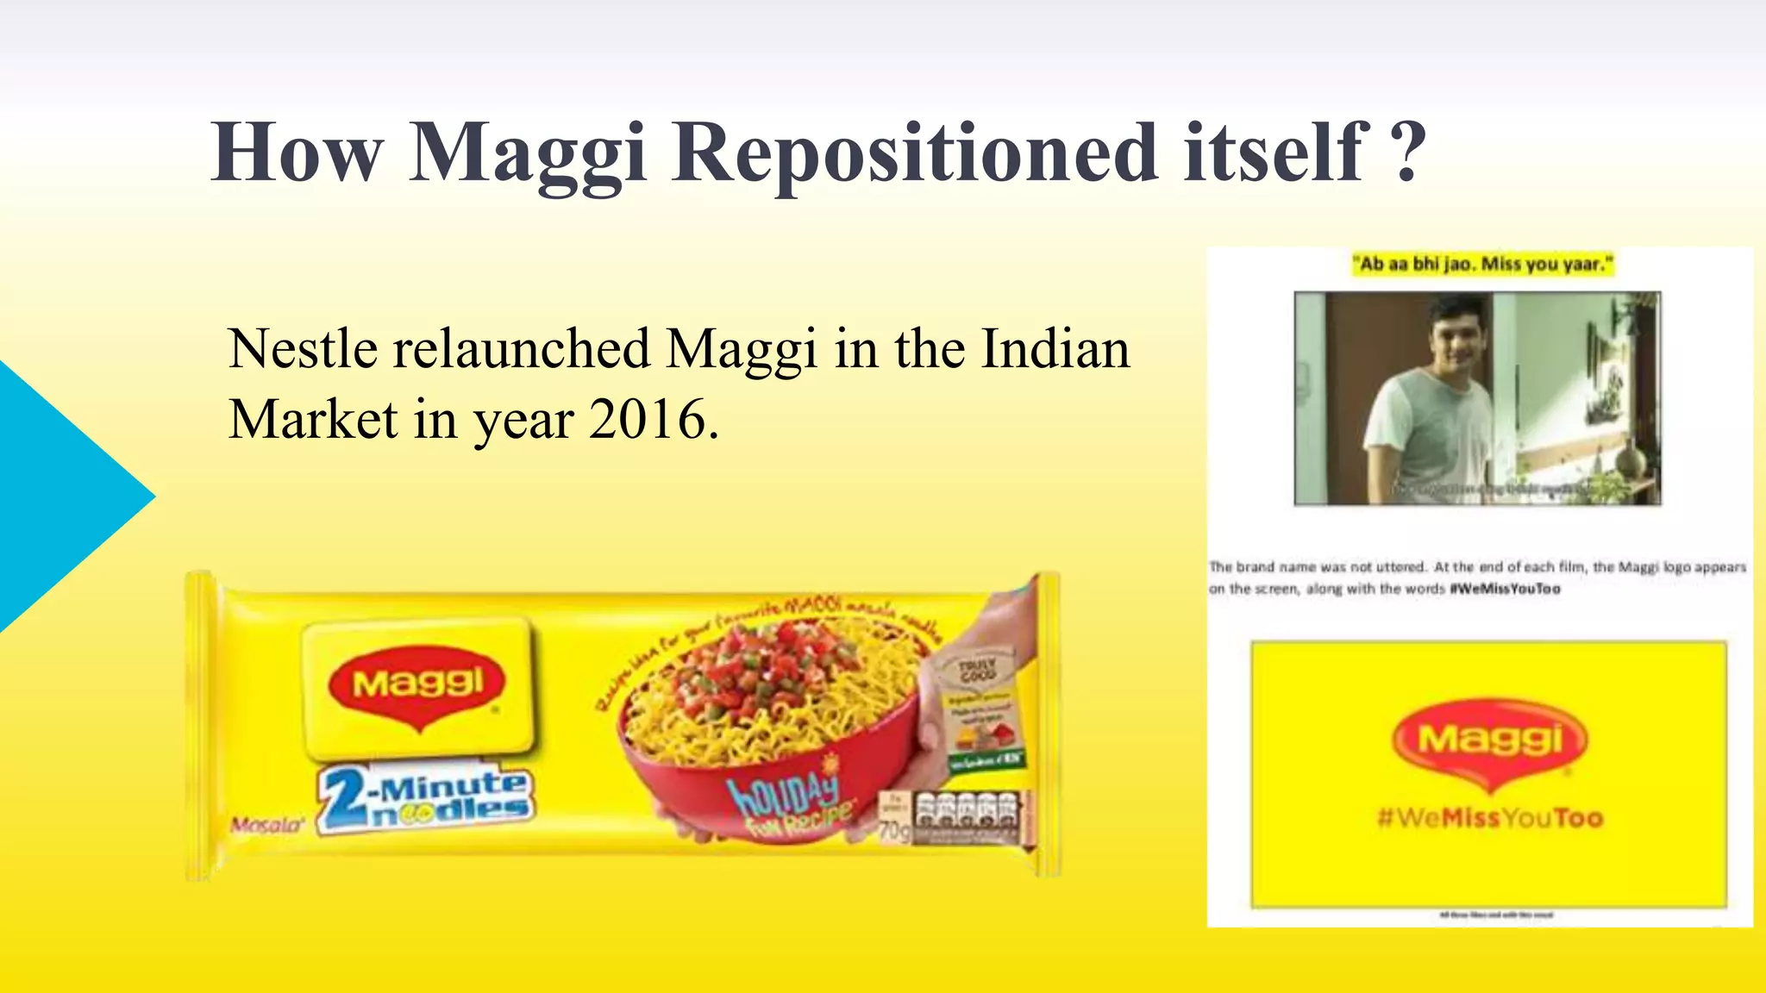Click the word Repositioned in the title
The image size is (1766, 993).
coord(916,153)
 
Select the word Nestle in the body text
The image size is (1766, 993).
coord(303,350)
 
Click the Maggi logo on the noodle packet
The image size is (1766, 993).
coord(418,686)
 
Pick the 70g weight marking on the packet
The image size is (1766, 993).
coord(894,831)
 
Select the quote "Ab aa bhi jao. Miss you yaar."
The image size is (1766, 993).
coord(1481,264)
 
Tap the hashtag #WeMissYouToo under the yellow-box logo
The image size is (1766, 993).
coord(1490,818)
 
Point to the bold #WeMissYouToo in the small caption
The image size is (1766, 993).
coord(1505,590)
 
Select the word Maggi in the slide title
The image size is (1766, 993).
coord(527,153)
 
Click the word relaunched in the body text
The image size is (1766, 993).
coord(522,350)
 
